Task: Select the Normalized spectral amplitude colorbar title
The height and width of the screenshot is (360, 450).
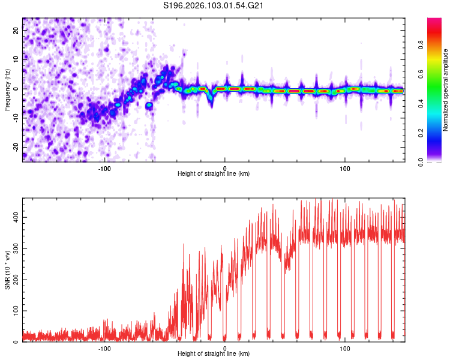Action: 446,90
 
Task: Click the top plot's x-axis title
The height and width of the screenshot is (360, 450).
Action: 214,174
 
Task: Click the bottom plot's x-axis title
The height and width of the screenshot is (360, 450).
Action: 214,354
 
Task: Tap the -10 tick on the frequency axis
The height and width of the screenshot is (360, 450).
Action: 16,118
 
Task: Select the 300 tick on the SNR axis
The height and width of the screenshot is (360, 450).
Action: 16,247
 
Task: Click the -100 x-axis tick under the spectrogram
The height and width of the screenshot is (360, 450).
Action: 105,167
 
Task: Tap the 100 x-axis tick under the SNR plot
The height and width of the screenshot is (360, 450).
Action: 345,348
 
